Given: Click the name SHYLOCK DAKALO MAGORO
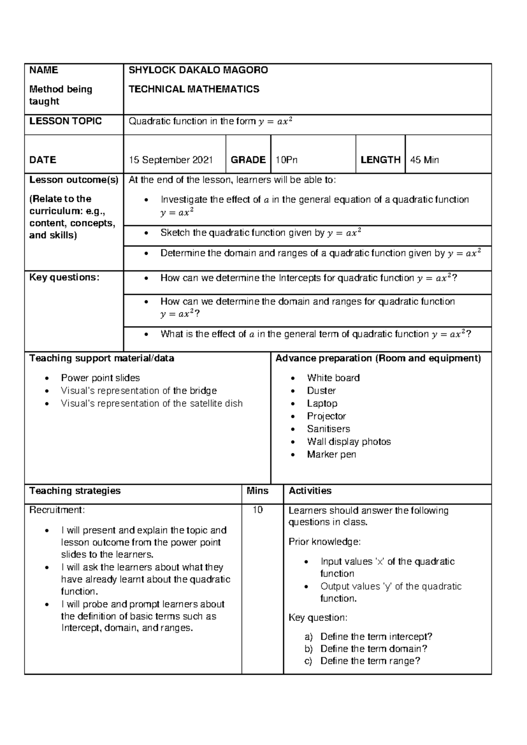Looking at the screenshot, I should click(x=198, y=70).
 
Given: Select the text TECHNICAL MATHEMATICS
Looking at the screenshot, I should click(x=194, y=89).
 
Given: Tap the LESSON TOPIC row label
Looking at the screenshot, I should click(x=65, y=121).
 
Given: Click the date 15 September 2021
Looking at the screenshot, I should click(x=170, y=160).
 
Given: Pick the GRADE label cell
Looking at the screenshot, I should click(x=248, y=160).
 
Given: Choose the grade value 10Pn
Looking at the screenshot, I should click(x=286, y=160).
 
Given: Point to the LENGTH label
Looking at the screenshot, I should click(x=380, y=160).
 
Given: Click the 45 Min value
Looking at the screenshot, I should click(x=424, y=160).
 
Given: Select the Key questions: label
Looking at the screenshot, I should click(x=65, y=278).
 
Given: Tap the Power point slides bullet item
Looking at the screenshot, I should click(x=100, y=378).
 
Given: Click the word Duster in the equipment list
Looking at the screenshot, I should click(x=321, y=391).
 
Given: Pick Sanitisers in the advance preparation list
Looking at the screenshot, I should click(x=328, y=429).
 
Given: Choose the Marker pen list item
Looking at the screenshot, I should click(x=331, y=454).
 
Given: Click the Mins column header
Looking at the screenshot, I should click(x=257, y=491).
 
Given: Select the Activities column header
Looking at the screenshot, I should click(x=310, y=491).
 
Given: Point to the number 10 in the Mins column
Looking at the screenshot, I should click(x=257, y=510).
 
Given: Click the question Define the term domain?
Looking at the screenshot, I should click(x=374, y=649).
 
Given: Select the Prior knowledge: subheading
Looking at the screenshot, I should click(x=325, y=542).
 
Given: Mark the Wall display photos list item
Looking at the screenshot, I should click(x=349, y=441).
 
